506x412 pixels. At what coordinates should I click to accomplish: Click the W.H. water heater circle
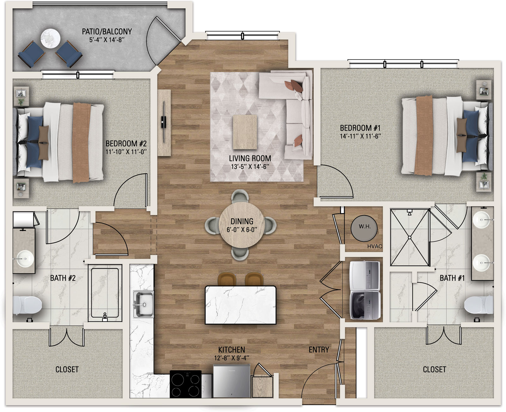coord(364,228)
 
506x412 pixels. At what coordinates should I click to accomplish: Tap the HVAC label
coord(374,246)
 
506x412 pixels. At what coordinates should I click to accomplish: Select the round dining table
coord(242,225)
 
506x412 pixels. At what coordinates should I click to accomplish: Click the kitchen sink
coord(143,304)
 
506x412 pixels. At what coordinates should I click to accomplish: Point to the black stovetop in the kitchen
coord(186,384)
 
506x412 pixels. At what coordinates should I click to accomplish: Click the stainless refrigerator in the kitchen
coord(231,381)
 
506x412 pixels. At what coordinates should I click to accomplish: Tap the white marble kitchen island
coord(240,305)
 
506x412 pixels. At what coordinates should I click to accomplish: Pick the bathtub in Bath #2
coord(105,293)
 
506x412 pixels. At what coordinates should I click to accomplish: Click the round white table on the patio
coord(50,38)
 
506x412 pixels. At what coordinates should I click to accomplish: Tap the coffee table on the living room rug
coord(245,132)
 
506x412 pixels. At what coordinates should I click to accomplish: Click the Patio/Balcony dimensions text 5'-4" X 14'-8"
coord(107,40)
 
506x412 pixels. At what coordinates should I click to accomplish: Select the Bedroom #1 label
coord(360,128)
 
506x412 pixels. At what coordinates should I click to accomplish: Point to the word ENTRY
coord(319,349)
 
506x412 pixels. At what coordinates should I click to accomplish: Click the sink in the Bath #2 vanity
coord(24,259)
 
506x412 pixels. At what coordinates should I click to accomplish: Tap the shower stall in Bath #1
coord(410,237)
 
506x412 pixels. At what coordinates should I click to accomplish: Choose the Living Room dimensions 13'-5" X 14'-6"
coord(250,167)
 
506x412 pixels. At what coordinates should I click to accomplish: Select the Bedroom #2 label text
coord(126,144)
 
